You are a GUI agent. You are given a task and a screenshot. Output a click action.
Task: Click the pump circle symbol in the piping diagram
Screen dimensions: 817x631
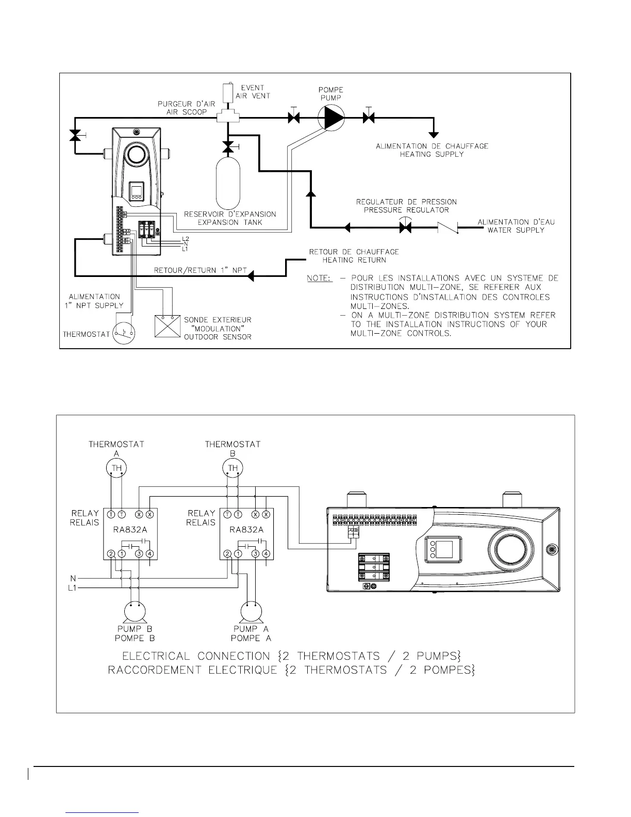[x=331, y=118]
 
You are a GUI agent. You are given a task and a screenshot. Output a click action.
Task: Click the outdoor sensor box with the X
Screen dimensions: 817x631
[x=167, y=326]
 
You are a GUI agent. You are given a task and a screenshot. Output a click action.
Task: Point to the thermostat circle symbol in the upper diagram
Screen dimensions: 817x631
[x=124, y=334]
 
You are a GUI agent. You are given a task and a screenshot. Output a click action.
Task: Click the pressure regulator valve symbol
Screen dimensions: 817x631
[x=405, y=226]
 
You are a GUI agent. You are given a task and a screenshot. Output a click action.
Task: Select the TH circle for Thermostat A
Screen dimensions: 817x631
[x=116, y=468]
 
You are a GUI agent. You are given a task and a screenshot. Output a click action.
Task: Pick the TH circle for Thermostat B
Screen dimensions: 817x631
[x=233, y=468]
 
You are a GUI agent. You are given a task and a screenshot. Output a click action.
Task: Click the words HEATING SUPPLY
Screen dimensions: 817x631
[x=431, y=154]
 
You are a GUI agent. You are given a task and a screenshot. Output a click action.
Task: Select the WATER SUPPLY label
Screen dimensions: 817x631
[x=516, y=230]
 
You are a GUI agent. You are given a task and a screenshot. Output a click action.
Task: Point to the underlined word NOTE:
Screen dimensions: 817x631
[x=318, y=278]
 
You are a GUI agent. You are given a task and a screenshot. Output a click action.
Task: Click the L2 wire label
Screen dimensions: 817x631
[x=186, y=238]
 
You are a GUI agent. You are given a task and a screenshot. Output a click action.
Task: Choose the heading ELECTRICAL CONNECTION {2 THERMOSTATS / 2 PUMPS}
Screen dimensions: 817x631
[x=291, y=657]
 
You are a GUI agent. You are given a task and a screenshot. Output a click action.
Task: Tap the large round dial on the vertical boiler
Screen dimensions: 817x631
[x=137, y=154]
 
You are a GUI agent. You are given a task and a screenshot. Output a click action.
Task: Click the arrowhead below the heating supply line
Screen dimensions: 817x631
[x=434, y=134]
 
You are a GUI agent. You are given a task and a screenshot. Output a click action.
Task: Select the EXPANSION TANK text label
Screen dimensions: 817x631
[x=230, y=222]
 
